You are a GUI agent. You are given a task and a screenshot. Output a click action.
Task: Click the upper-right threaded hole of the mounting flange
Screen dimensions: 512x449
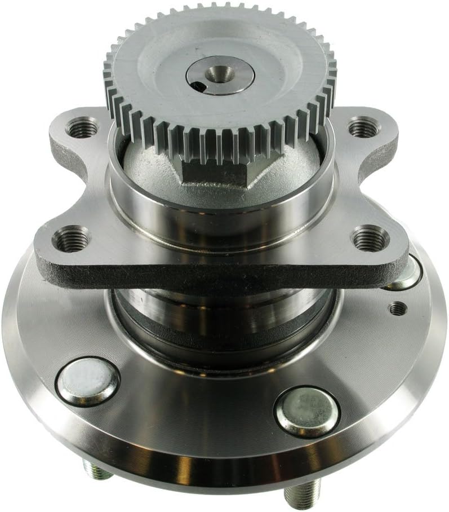[361, 127]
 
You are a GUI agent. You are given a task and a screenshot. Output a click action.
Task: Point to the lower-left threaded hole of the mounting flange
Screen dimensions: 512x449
[71, 239]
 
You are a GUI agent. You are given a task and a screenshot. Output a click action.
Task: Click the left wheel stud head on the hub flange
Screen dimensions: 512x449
[88, 381]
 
